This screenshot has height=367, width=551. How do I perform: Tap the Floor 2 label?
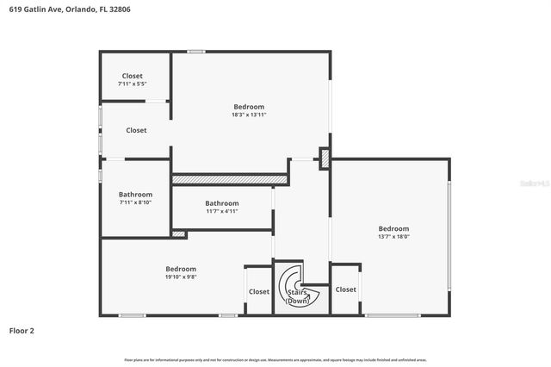tap(22, 330)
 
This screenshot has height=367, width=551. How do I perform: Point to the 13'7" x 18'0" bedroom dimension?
tap(393, 237)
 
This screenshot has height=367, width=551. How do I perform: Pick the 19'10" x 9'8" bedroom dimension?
tap(181, 277)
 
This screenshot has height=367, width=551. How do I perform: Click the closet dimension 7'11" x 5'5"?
tap(132, 84)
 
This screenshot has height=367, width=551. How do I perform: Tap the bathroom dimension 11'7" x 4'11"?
tap(221, 211)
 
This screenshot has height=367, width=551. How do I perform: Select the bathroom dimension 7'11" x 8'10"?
tap(135, 202)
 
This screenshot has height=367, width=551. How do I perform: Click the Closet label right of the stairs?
tap(346, 290)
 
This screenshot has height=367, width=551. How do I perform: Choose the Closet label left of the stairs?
tap(259, 292)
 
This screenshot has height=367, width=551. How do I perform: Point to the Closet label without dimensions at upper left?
tap(136, 130)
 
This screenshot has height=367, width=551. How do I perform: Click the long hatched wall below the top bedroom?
tap(229, 179)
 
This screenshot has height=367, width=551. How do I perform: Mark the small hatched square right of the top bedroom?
tap(325, 159)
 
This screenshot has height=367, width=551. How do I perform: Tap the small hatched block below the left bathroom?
tap(178, 233)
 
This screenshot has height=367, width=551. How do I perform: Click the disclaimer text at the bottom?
tap(275, 359)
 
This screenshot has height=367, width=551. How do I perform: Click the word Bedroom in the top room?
tap(249, 107)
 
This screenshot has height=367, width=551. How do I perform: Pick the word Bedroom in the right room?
tap(393, 229)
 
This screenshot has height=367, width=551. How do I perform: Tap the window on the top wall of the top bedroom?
tap(197, 52)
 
